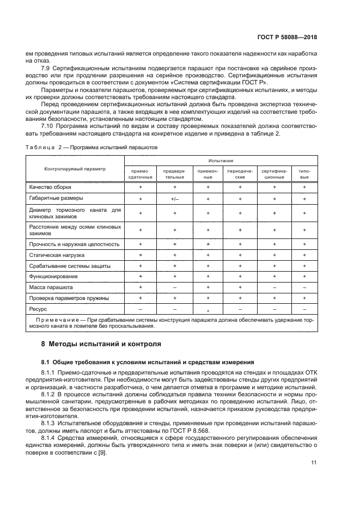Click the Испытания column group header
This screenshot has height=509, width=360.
pyautogui.click(x=220, y=161)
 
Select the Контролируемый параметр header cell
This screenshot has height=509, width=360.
pyautogui.click(x=75, y=169)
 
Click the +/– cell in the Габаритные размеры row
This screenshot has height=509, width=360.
pyautogui.click(x=175, y=199)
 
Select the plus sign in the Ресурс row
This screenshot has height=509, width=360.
pyautogui.click(x=208, y=309)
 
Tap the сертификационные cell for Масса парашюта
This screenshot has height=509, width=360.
pyautogui.click(x=274, y=287)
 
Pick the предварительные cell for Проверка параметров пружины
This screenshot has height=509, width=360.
pyautogui.click(x=175, y=298)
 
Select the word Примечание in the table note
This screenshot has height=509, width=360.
pyautogui.click(x=57, y=320)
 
